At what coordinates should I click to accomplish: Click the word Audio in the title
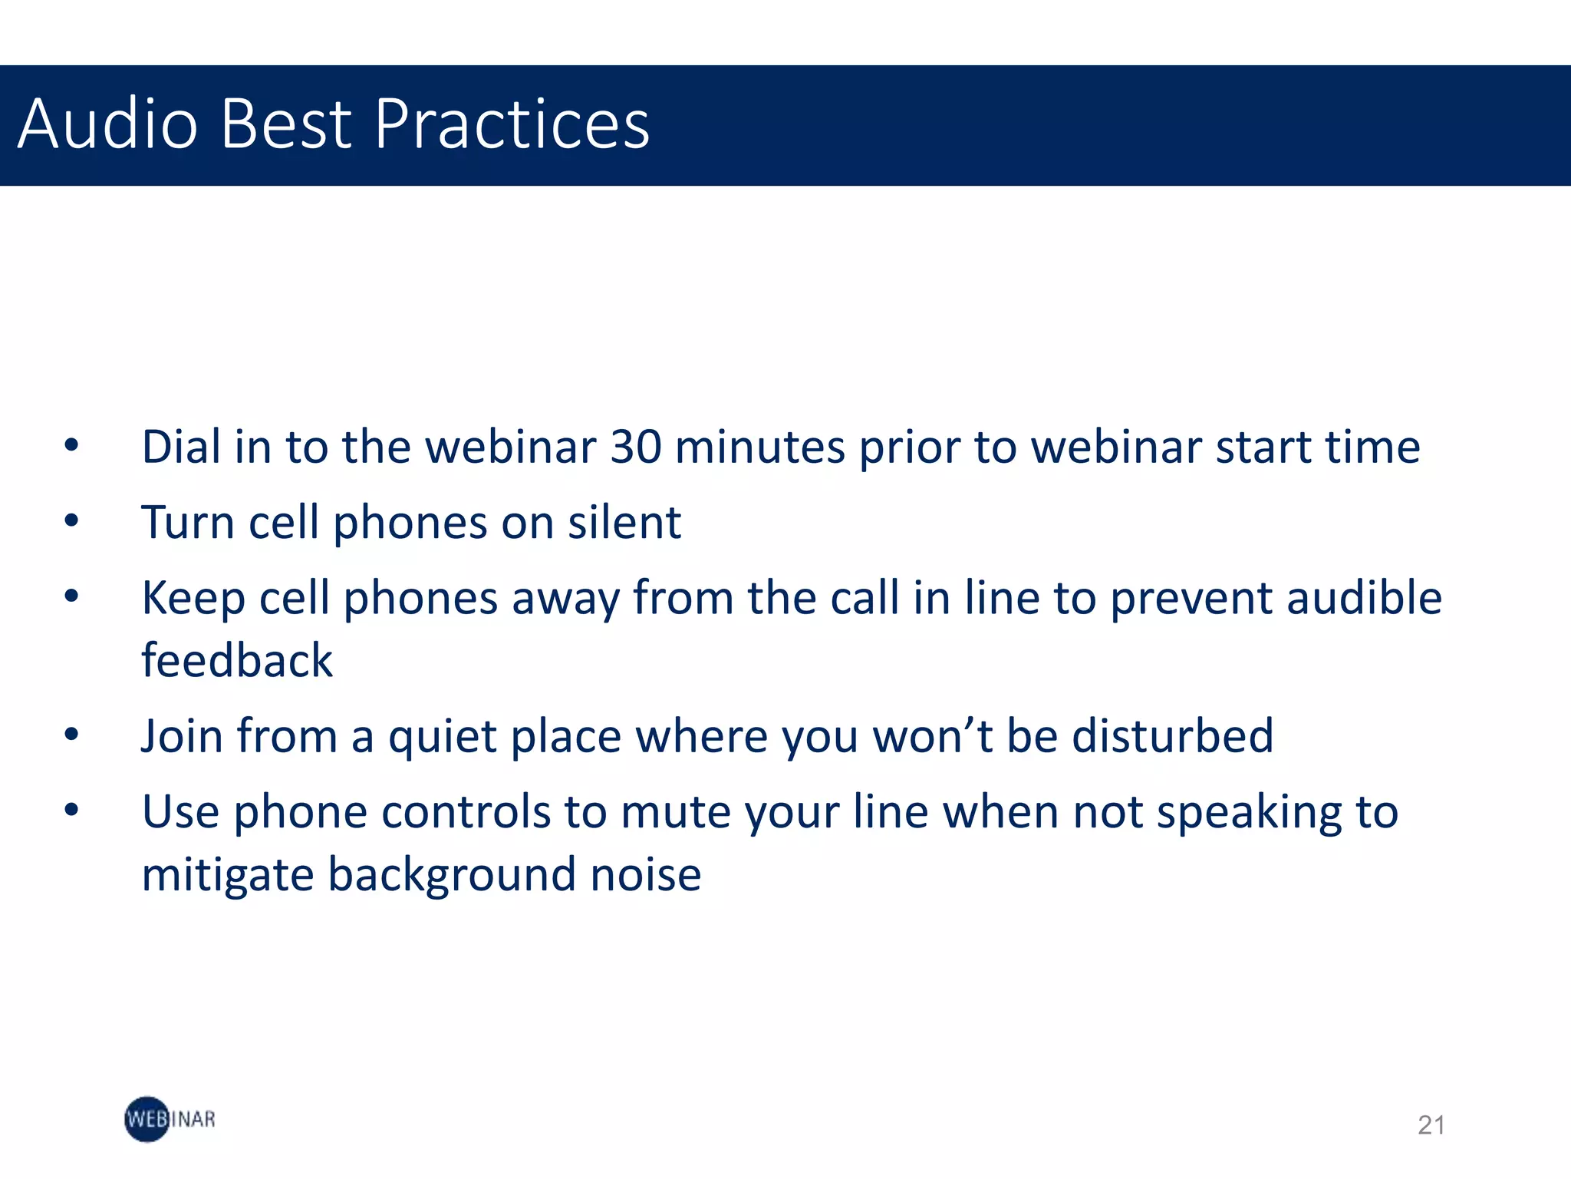[x=107, y=124]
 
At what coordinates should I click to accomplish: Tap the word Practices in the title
[x=512, y=124]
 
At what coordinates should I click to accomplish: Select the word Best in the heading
[x=285, y=124]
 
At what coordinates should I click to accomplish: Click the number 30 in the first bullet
[x=636, y=447]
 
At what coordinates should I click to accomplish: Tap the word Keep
[x=193, y=598]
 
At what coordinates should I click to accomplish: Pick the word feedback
[x=237, y=661]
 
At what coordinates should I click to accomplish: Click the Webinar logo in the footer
[x=170, y=1119]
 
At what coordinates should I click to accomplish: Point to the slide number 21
[x=1431, y=1125]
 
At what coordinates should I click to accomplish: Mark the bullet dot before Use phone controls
[x=71, y=809]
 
